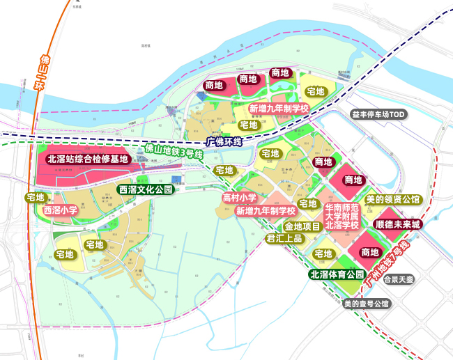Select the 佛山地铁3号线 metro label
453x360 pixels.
174,151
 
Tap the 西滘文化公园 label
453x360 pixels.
145,189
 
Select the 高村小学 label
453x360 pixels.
240,198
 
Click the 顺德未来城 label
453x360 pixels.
398,225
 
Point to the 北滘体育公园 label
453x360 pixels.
337,274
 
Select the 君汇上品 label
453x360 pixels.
284,238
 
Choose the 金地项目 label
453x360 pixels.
302,226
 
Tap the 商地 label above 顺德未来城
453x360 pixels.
353,180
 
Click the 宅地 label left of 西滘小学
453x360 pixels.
35,198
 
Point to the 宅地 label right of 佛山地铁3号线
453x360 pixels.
224,171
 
